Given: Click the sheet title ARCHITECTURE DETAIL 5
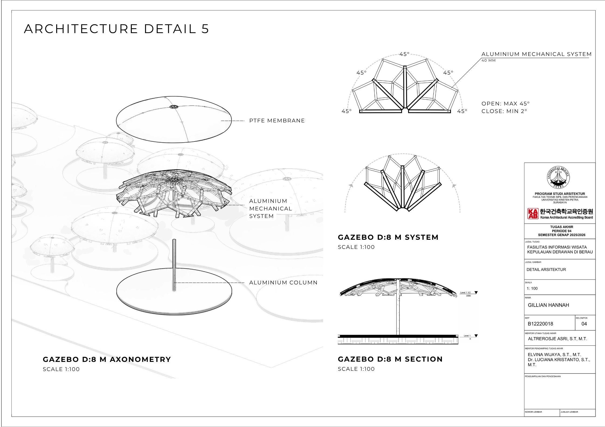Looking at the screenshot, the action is (x=116, y=29).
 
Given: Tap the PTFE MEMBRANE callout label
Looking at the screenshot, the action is (x=277, y=121).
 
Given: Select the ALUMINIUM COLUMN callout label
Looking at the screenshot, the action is (x=283, y=283).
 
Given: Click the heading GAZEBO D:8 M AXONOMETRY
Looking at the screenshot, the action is (x=107, y=359).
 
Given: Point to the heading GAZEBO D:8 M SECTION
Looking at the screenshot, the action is (x=390, y=359).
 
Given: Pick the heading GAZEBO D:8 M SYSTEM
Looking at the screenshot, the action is (x=388, y=237).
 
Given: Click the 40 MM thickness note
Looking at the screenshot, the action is (x=489, y=61).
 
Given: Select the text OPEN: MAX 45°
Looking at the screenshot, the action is (x=506, y=104).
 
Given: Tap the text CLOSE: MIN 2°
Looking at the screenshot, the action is (x=504, y=111).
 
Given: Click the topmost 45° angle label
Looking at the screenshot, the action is (x=404, y=54).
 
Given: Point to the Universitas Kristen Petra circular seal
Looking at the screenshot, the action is (x=558, y=177).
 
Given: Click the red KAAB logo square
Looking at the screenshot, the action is (x=533, y=214).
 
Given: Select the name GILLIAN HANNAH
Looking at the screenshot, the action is (x=548, y=305).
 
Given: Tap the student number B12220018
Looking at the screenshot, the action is (x=540, y=324).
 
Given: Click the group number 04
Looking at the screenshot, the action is (x=584, y=324).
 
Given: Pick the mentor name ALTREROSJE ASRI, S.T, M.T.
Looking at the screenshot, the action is (x=557, y=339).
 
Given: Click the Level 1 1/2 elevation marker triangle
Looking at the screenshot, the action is (x=476, y=292).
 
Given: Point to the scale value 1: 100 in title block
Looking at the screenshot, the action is (x=532, y=288).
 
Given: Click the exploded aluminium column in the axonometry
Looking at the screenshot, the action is (x=174, y=265).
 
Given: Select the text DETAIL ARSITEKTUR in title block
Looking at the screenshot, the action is (x=546, y=270).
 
